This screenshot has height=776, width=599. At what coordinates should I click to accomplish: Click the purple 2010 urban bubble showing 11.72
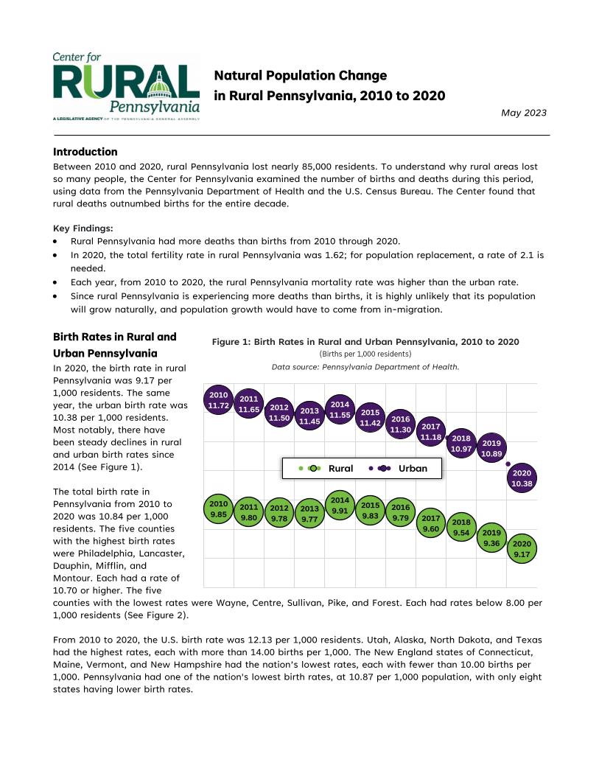[x=219, y=400]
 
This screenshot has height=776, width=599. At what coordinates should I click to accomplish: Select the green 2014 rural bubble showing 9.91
[x=340, y=506]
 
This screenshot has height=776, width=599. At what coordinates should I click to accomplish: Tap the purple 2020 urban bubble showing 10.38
[x=522, y=478]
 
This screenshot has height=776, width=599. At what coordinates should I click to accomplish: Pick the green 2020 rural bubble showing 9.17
[x=522, y=549]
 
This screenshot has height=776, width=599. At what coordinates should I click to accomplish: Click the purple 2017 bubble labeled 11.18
[x=430, y=432]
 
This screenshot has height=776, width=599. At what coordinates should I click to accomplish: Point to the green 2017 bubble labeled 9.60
[x=430, y=524]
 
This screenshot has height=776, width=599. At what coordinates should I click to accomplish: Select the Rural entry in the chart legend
[x=328, y=468]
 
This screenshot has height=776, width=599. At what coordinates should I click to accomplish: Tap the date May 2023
[x=523, y=113]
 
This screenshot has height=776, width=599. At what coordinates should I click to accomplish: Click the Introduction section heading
[x=85, y=152]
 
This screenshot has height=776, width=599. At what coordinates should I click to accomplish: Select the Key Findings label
[x=83, y=228]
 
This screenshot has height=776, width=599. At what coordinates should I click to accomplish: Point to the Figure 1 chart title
[x=365, y=342]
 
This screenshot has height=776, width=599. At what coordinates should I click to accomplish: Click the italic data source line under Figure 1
[x=365, y=366]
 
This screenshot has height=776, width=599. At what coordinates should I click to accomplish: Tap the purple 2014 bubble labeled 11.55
[x=340, y=410]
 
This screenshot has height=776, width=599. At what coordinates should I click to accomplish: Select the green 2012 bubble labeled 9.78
[x=279, y=513]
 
